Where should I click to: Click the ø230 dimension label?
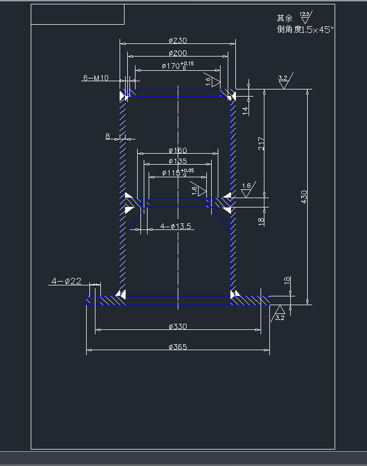point(178,41)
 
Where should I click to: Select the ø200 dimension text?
point(178,53)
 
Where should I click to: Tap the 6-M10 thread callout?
point(95,78)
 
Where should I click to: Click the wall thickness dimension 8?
point(108,136)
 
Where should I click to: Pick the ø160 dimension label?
point(178,150)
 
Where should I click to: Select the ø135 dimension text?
point(178,161)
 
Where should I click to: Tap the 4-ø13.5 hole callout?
point(176,226)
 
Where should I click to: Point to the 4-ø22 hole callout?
point(66,281)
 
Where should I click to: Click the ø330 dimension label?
point(178,327)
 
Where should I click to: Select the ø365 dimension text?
point(178,347)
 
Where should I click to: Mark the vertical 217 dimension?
point(262,144)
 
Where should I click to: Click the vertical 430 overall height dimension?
point(304,196)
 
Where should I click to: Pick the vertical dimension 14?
point(246,109)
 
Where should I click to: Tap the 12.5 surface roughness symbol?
point(305,17)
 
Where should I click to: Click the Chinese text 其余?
point(285,18)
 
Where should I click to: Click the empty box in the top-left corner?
point(77,14)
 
